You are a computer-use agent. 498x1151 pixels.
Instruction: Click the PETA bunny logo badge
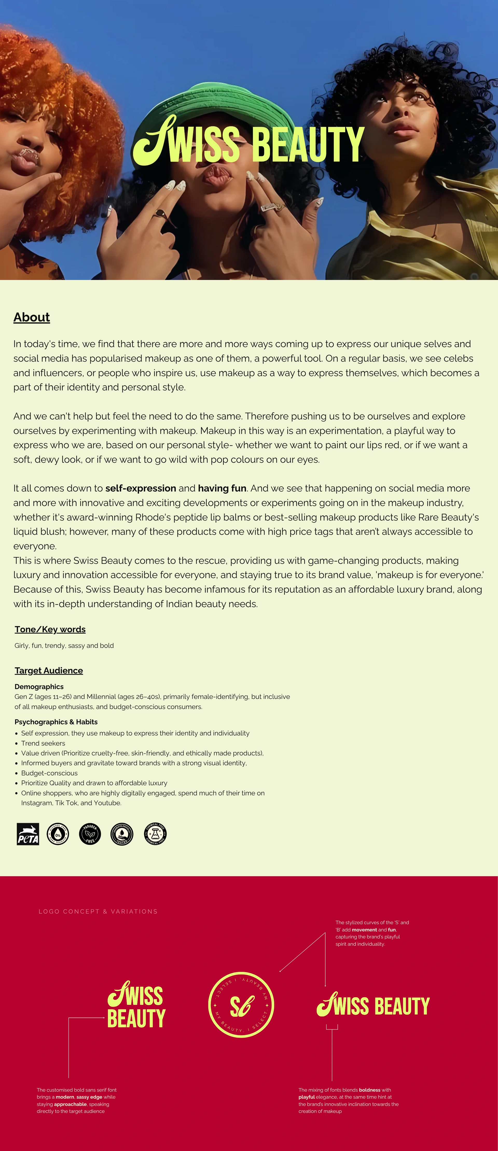(28, 834)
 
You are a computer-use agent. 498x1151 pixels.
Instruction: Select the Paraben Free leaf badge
(90, 834)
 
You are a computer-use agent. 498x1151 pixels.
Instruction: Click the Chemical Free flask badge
(155, 833)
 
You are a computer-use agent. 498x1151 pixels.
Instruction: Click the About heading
(31, 317)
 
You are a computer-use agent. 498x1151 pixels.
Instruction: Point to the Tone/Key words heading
(50, 629)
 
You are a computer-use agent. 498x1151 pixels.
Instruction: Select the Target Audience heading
(49, 670)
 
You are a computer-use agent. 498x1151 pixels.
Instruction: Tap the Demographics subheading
(39, 686)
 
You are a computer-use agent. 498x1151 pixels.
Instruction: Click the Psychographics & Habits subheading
(56, 722)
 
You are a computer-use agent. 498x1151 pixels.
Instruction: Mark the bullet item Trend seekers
(43, 743)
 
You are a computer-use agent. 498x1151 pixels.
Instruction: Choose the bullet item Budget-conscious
(49, 773)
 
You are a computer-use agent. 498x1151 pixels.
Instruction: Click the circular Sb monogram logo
(241, 1005)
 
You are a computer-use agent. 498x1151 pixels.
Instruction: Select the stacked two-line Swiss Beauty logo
(136, 1005)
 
